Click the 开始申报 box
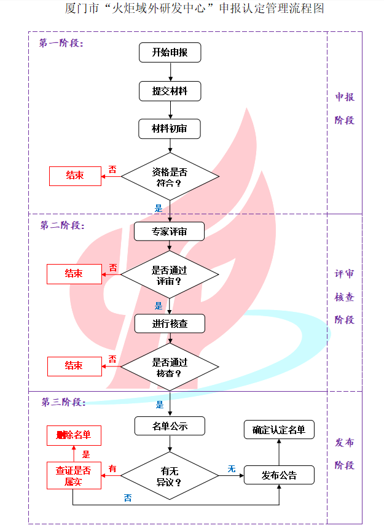[x=170, y=53]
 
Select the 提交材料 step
[x=170, y=91]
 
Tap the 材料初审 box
[x=170, y=129]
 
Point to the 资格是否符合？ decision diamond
[x=170, y=177]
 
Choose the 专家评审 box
[x=170, y=231]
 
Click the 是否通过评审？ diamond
[x=170, y=274]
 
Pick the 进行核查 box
[x=170, y=324]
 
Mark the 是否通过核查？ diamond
[x=170, y=367]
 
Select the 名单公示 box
[x=170, y=426]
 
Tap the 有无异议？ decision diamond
[x=170, y=476]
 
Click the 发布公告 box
[x=279, y=475]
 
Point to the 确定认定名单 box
[x=279, y=430]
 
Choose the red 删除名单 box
[x=74, y=435]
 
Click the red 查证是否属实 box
[x=74, y=476]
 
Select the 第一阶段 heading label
[x=61, y=44]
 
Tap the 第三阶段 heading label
[x=63, y=403]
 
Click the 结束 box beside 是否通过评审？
[x=74, y=274]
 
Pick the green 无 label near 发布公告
[x=232, y=468]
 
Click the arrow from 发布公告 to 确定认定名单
[x=279, y=452]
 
